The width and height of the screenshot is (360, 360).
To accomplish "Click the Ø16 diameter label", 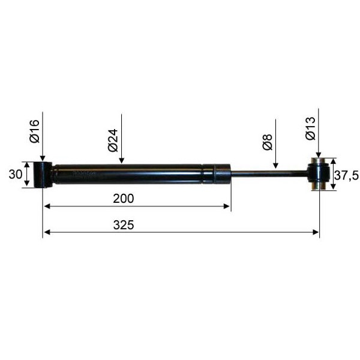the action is (35, 131).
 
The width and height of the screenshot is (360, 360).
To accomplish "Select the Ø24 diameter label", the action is (113, 140).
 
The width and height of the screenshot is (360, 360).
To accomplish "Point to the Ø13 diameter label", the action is (310, 128).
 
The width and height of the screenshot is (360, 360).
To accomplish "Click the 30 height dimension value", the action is (16, 175).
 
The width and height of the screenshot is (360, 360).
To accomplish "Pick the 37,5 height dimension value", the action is (346, 176).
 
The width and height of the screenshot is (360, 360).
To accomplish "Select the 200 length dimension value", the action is (124, 199).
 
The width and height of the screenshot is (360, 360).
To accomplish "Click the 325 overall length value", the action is (124, 225).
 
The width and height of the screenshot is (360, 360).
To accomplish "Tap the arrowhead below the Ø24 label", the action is (121, 160).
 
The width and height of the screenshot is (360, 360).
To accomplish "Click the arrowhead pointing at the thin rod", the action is (276, 165).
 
